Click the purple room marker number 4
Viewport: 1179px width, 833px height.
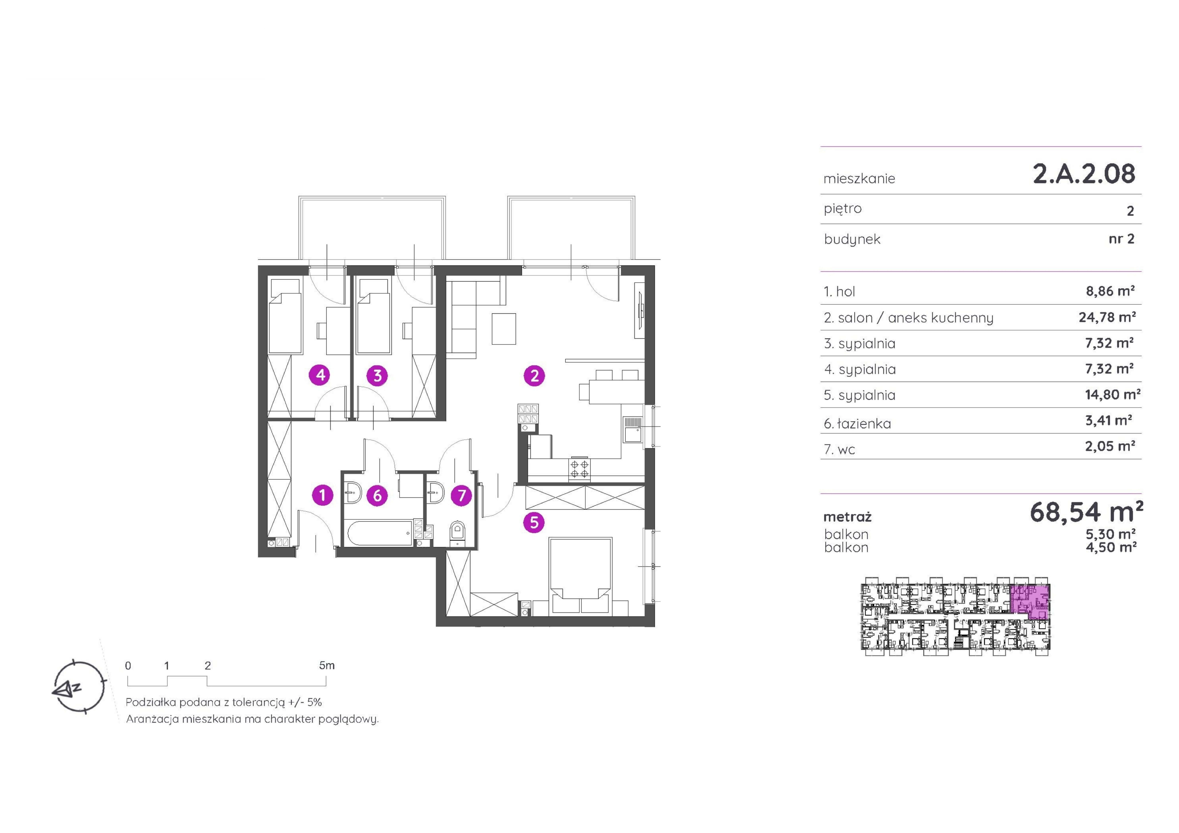click(320, 375)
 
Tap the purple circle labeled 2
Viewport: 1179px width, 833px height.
click(534, 376)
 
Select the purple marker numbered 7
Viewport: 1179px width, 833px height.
click(461, 495)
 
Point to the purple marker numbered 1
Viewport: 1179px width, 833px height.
click(323, 495)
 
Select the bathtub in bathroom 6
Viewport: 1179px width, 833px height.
click(381, 534)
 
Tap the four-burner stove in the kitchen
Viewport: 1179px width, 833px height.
click(579, 469)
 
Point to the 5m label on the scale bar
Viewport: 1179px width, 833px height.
click(327, 666)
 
